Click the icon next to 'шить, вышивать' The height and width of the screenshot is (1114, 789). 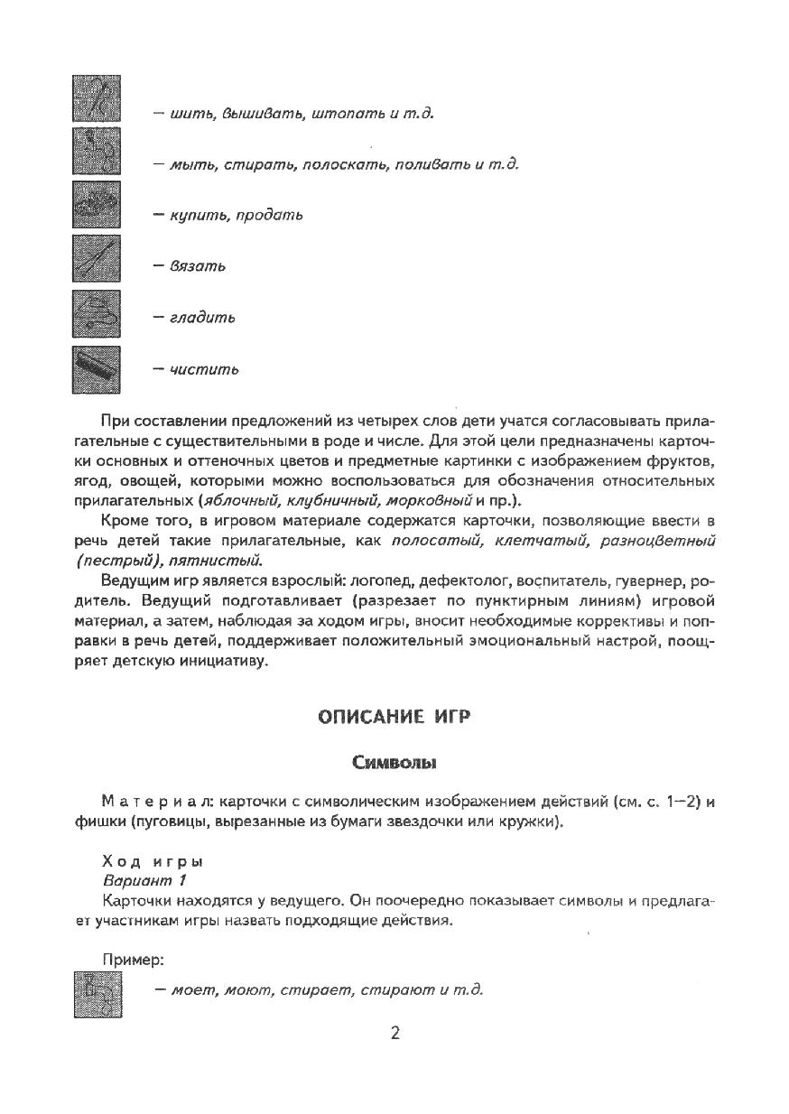[96, 101]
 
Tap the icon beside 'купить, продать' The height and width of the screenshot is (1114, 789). [96, 205]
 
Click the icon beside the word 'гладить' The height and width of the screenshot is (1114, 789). [96, 316]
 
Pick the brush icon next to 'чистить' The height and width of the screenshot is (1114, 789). [96, 369]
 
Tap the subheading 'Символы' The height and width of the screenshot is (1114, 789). [394, 763]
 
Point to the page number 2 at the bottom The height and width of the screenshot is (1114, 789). [394, 1034]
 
